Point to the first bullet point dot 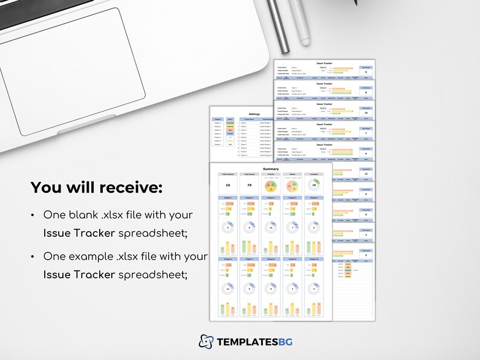(x=32, y=216)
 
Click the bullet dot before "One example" (x=32, y=257)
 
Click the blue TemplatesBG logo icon (x=206, y=341)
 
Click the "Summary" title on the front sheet (x=271, y=169)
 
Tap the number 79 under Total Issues (x=249, y=185)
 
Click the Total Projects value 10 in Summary (x=227, y=185)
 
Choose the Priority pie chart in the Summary (x=270, y=185)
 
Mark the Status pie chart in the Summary (x=292, y=185)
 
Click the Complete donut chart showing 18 (x=313, y=185)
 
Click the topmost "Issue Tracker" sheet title (x=324, y=63)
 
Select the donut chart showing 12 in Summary (x=227, y=288)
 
